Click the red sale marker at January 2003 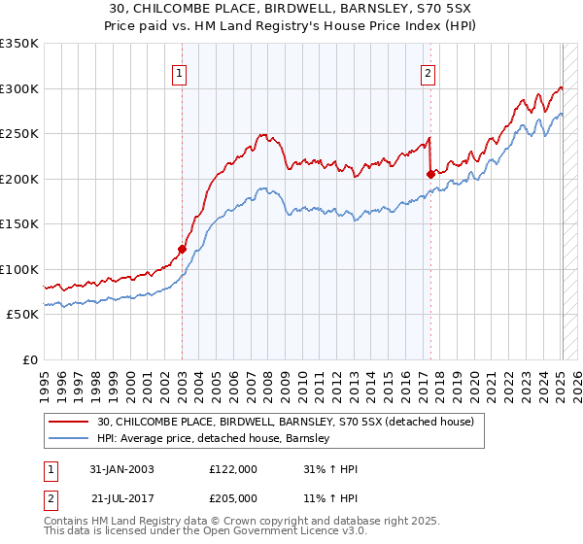coord(182,249)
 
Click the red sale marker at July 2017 coord(430,174)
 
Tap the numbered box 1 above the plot coord(182,71)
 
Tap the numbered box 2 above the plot coord(429,71)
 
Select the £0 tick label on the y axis coord(29,359)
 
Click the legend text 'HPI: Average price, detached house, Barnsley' coord(214,439)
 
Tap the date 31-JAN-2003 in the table coord(121,469)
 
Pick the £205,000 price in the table coord(233,497)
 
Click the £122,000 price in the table coord(233,469)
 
